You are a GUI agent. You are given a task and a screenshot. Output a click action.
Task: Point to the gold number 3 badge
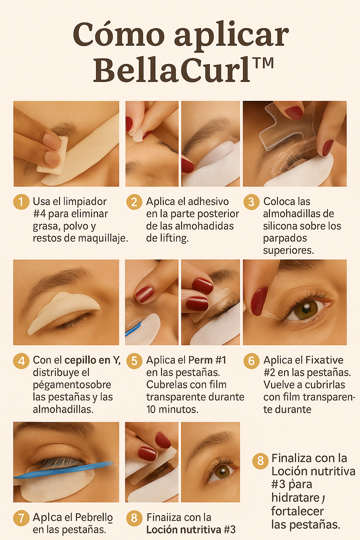coord(251,202)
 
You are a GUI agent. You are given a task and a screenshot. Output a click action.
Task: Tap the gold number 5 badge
coord(134,361)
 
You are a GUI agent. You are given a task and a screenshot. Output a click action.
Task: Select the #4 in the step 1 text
coord(39,214)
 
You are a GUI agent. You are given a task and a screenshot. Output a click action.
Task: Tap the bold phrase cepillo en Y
coord(92,360)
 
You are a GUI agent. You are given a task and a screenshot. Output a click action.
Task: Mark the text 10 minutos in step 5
coord(172,409)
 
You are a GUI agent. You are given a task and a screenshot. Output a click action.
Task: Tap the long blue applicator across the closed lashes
coord(63,470)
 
